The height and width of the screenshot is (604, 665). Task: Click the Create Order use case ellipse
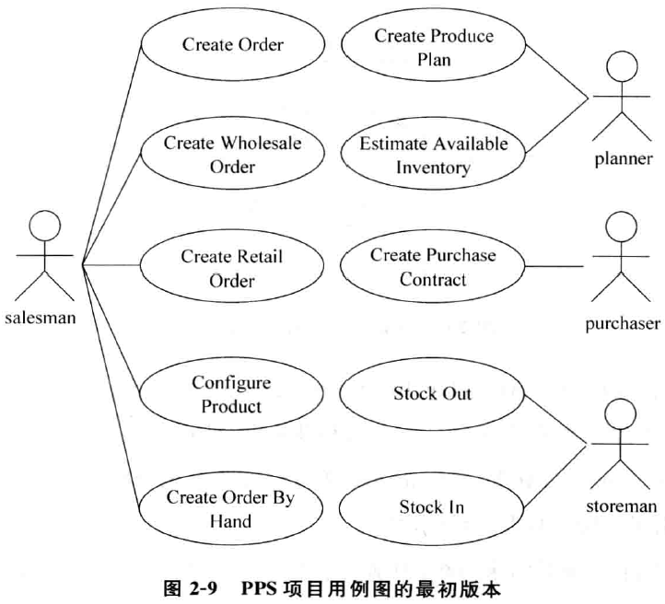pos(232,44)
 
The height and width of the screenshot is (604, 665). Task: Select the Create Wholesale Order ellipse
pos(232,155)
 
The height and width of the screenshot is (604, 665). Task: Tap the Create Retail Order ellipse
pos(231,267)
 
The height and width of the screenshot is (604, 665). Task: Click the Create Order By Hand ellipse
pos(231,508)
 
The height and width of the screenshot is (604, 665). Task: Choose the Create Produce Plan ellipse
pos(433,47)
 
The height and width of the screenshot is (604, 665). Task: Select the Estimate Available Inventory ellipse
pos(433,155)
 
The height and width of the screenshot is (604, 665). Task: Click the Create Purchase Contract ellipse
pos(433,267)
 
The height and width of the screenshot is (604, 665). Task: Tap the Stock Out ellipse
pos(433,394)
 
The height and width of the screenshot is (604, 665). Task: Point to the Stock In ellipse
pos(432,506)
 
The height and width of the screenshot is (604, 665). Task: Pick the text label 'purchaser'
pos(623,324)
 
